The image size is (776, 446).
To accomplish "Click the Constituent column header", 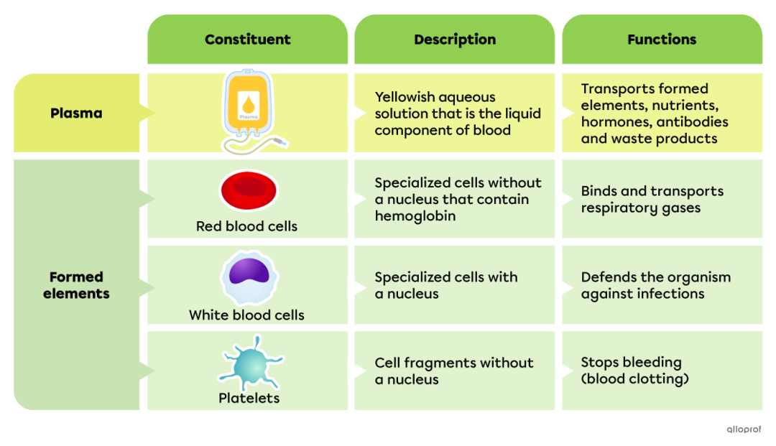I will click(247, 40).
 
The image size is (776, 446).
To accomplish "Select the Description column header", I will click(454, 40).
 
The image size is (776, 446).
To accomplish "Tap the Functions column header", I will click(661, 40).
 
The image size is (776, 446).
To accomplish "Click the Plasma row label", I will click(76, 113).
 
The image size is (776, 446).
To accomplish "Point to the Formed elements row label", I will click(76, 285).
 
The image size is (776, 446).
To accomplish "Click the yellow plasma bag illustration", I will click(248, 105).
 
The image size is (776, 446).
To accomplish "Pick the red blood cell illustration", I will click(248, 190).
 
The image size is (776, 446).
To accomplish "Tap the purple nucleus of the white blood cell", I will click(249, 273).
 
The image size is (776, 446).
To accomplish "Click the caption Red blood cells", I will click(246, 226).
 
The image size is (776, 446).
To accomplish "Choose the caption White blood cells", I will click(246, 315).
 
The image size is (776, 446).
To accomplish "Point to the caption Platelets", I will click(249, 398).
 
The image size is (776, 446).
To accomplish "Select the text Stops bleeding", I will click(631, 362).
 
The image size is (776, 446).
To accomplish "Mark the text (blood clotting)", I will click(634, 379).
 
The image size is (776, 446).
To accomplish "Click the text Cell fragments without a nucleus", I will click(454, 371).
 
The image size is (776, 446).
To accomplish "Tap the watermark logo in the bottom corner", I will click(744, 429).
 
